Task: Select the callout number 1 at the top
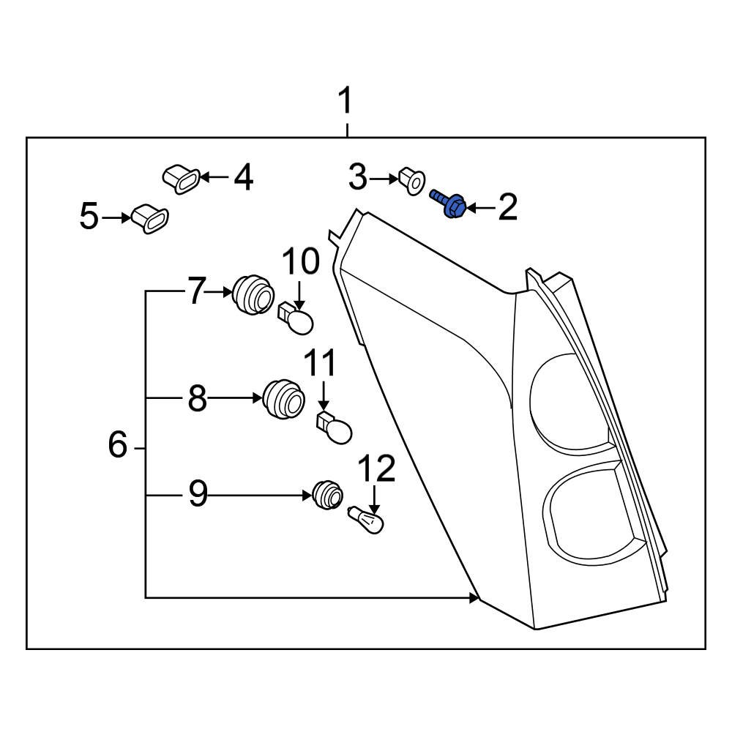pos(344,102)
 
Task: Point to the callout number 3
pos(357,177)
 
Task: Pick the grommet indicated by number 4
pos(180,179)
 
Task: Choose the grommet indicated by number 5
pos(149,218)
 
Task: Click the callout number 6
pos(117,445)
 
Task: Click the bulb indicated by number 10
pos(299,320)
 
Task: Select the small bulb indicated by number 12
pos(369,521)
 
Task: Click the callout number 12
pos(376,469)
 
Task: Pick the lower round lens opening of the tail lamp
pos(586,512)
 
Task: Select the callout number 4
pos(243,177)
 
